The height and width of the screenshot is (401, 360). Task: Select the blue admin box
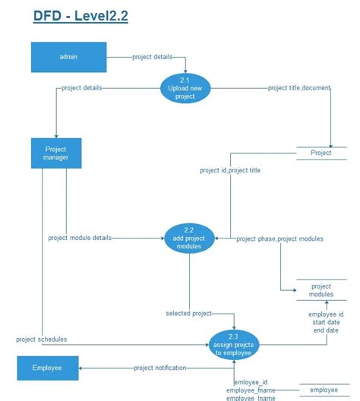point(68,57)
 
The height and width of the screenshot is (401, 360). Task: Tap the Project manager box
point(56,153)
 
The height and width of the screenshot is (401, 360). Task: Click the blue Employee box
point(47,368)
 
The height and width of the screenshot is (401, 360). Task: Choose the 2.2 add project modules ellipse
point(189,238)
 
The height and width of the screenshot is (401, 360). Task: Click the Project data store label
point(321,153)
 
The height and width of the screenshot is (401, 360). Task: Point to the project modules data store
point(321,290)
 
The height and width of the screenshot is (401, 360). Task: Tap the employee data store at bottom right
point(323,390)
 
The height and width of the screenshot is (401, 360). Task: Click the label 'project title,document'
point(299,88)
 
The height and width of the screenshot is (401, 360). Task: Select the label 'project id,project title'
point(230,171)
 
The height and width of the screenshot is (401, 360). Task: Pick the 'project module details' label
point(80,238)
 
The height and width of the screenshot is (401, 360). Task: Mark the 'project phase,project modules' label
point(279,238)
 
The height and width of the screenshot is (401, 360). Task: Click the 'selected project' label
point(189,313)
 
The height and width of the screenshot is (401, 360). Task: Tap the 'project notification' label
point(160,368)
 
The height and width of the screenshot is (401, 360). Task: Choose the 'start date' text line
point(326,322)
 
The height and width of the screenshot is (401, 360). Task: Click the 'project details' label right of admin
point(152,57)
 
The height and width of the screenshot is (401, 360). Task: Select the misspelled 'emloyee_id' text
point(250,383)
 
